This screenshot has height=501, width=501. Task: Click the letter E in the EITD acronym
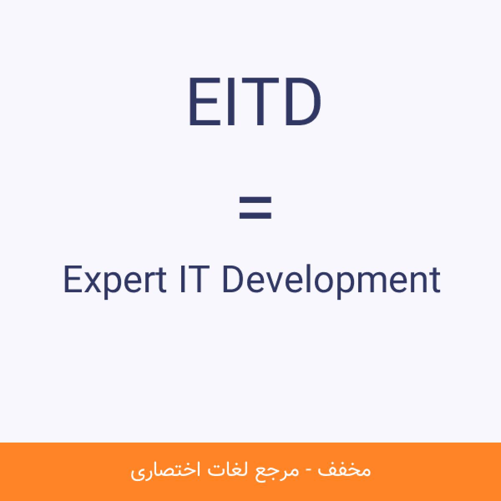point(204,101)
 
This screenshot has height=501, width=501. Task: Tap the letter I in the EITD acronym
point(231,101)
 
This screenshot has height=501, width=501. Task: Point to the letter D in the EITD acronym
point(303,101)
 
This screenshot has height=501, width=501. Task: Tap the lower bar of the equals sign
point(255,215)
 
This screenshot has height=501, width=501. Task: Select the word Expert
point(115,282)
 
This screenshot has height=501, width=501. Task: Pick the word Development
point(331,282)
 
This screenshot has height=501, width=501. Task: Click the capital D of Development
point(233,279)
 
